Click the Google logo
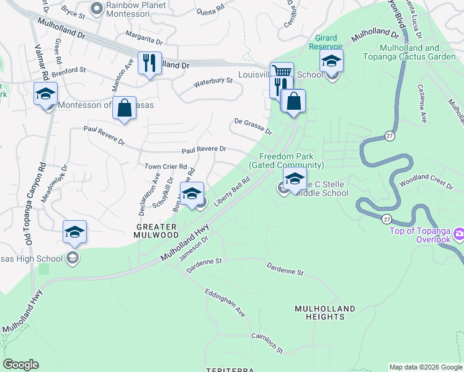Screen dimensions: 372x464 21,365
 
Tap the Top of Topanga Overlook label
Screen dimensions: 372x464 419,235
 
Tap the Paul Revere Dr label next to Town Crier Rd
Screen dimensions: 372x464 203,150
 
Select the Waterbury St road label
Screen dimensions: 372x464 213,81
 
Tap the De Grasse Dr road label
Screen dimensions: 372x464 252,127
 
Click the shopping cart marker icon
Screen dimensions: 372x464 282,71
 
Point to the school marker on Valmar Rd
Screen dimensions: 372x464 47,94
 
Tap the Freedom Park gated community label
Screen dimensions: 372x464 286,161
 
